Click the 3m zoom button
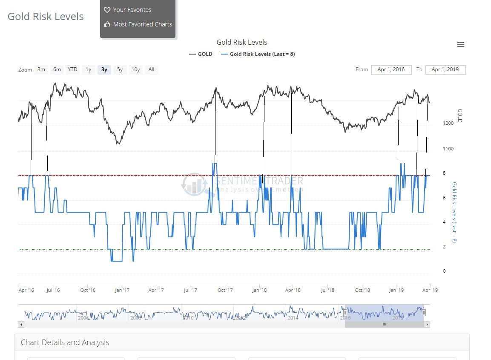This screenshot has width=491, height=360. pos(41,69)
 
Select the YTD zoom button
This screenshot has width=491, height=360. pos(73,69)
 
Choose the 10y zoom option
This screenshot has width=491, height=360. pos(135,69)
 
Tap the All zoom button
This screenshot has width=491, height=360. pos(151,69)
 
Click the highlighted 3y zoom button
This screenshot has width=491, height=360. pos(104,69)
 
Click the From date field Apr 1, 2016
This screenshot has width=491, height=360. pos(391,69)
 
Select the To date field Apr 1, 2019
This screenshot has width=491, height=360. pos(445,69)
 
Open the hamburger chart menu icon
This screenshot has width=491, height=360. pos(460,45)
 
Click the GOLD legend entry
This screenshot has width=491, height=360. pos(201,54)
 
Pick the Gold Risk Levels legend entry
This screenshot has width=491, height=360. pos(258,54)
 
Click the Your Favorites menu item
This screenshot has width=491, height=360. pos(132,10)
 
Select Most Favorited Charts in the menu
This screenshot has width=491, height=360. pos(142,24)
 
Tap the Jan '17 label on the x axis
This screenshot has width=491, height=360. pos(122,290)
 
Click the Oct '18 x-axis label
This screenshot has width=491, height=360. pos(362,290)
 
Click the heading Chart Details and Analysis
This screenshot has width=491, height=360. pos(65,343)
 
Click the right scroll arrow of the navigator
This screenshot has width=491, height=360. pos(428,325)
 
